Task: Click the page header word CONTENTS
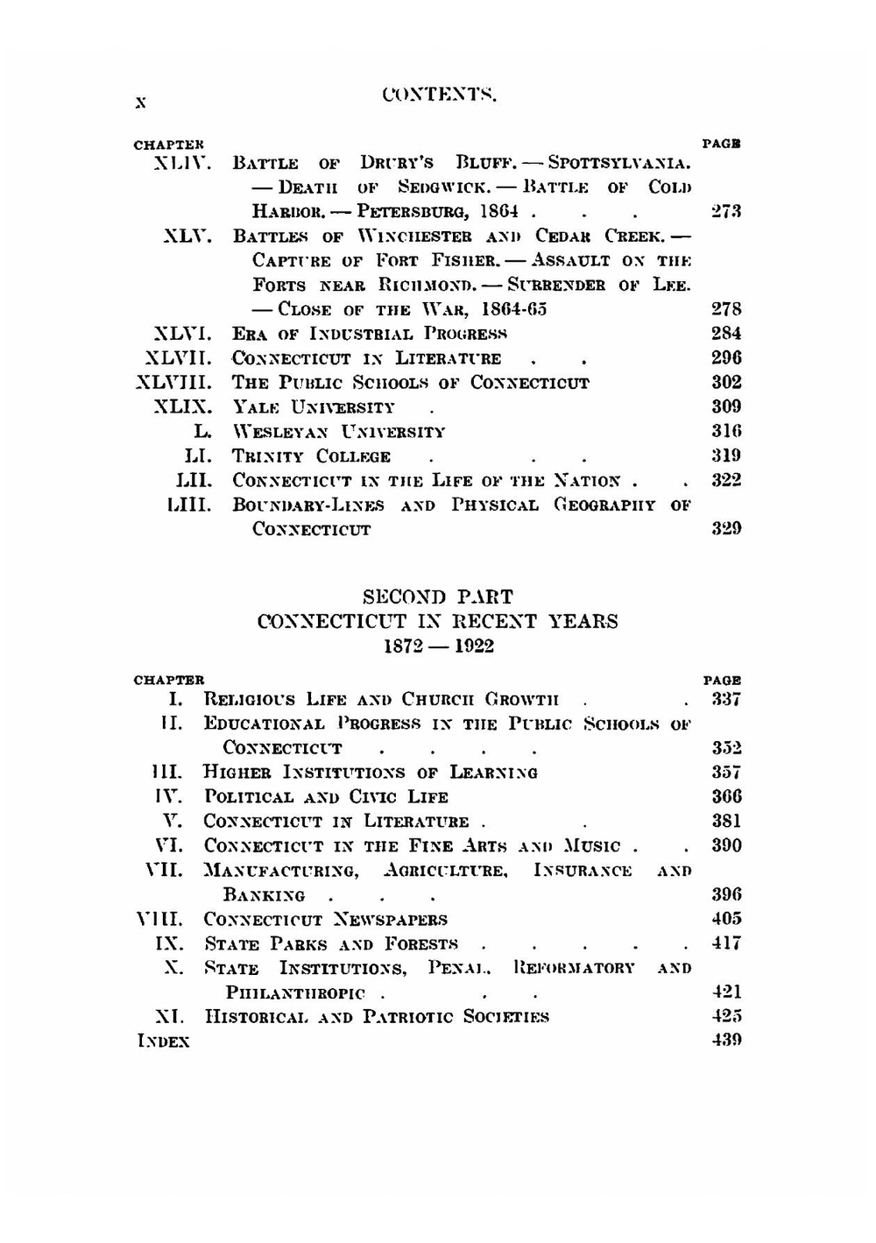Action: tap(440, 95)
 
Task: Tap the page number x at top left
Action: tap(140, 102)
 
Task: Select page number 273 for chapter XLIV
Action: tap(726, 211)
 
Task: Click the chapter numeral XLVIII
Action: tap(175, 383)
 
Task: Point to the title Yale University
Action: tap(313, 407)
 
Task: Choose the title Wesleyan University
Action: tap(338, 432)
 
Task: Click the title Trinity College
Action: tap(311, 456)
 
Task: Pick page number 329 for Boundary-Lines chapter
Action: tap(726, 528)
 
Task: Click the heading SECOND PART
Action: tap(438, 597)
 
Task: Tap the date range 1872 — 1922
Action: tap(438, 646)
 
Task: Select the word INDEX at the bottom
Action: tap(163, 1042)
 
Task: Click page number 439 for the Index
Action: tap(726, 1041)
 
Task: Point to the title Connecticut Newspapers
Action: tap(325, 920)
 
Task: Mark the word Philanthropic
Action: tap(295, 993)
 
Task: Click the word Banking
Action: tap(264, 895)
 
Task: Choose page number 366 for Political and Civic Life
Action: tap(726, 797)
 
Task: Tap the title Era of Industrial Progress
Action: tap(370, 334)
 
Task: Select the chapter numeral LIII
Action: tap(190, 505)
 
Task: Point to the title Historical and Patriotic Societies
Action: tap(377, 1017)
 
